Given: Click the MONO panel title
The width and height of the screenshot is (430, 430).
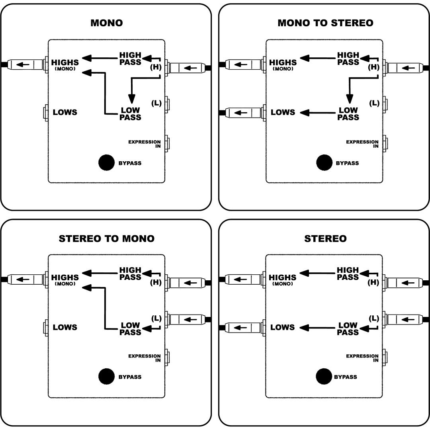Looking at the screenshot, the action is click(x=107, y=23).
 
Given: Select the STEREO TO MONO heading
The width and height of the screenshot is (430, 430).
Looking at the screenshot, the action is click(x=107, y=238).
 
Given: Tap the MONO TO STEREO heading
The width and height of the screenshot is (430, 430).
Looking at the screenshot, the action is click(x=326, y=23).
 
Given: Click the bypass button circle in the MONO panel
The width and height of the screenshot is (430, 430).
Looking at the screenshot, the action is click(x=106, y=162).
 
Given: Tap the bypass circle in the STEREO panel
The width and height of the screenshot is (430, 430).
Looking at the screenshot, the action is click(x=324, y=377).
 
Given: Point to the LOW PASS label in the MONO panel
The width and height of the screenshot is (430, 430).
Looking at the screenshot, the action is click(x=130, y=114).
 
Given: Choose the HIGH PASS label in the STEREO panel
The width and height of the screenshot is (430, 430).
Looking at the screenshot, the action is click(x=348, y=274).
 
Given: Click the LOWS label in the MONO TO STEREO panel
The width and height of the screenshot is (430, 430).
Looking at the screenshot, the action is click(x=283, y=112).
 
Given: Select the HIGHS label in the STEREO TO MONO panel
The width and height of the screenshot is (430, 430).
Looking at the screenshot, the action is click(x=65, y=278).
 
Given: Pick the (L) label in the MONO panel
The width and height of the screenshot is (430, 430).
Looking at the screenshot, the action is click(x=156, y=103).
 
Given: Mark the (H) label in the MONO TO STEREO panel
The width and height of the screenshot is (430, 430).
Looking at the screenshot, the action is click(x=373, y=67).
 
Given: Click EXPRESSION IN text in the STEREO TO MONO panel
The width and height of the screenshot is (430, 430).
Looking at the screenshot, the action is click(x=145, y=358).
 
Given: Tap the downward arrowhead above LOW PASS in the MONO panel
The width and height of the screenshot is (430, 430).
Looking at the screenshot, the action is click(x=132, y=99).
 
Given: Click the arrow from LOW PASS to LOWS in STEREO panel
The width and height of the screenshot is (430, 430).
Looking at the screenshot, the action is click(x=317, y=328).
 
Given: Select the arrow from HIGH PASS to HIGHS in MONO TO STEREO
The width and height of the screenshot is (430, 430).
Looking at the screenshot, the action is click(x=318, y=58).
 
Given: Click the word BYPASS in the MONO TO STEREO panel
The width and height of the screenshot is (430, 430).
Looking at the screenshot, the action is click(x=347, y=163).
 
